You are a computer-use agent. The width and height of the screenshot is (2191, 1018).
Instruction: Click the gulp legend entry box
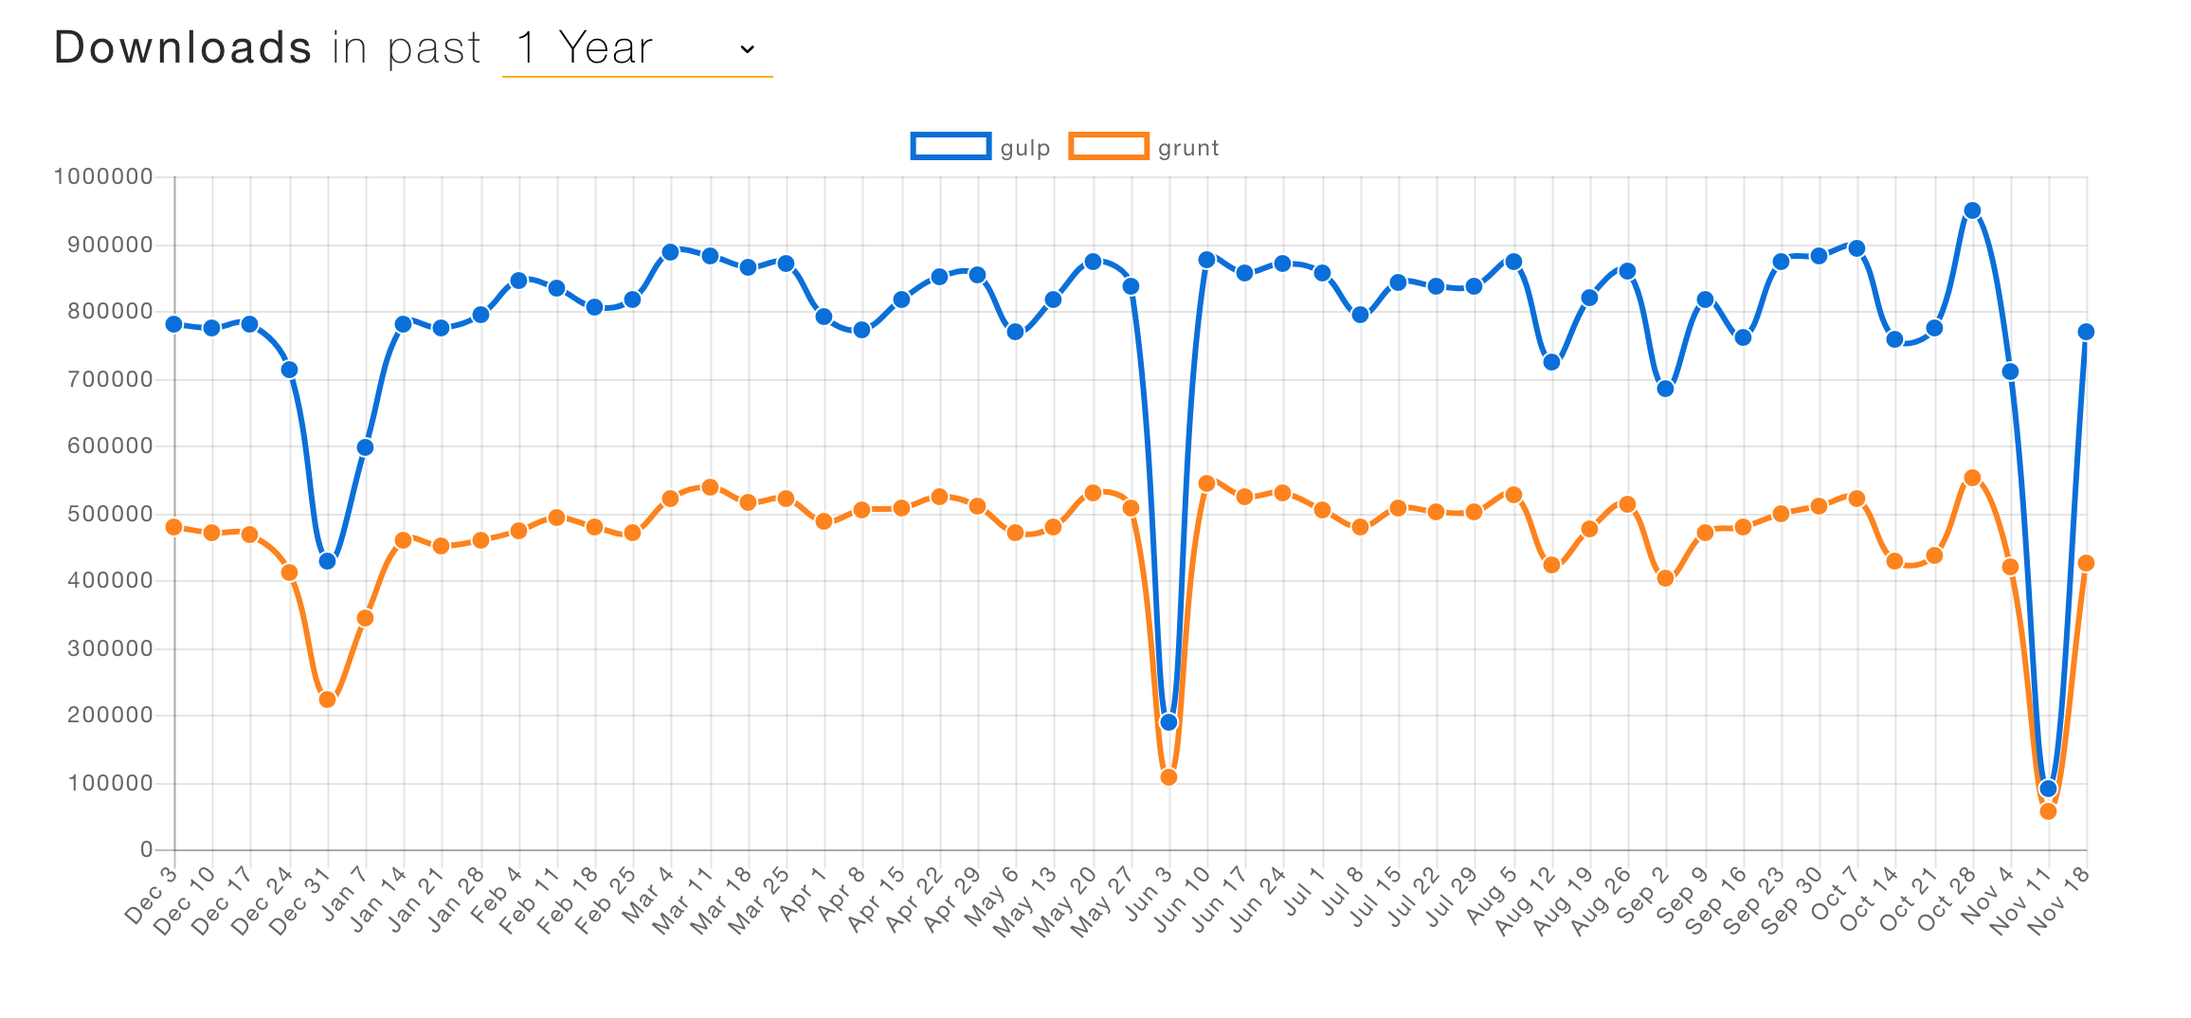click(951, 146)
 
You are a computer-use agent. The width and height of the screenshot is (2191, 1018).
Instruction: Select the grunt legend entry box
click(1108, 146)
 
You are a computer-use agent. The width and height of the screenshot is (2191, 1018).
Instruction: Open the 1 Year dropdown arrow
click(747, 49)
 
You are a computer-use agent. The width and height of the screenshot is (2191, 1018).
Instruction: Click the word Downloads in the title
click(183, 47)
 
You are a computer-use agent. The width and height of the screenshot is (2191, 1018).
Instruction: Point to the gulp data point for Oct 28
click(1972, 210)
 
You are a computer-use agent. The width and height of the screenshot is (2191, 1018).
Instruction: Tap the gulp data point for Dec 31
click(327, 561)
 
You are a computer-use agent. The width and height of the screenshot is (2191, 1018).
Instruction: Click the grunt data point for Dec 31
click(327, 700)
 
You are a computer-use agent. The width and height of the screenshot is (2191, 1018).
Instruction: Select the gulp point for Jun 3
click(1168, 722)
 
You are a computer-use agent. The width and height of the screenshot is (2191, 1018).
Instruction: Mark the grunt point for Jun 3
click(1168, 777)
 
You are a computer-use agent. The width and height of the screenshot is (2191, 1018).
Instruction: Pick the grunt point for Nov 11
click(2048, 811)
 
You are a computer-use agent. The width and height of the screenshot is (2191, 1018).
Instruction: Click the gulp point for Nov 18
click(2086, 332)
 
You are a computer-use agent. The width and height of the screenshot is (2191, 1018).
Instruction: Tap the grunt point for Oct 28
click(1972, 478)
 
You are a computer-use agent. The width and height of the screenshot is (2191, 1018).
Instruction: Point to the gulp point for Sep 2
click(1665, 389)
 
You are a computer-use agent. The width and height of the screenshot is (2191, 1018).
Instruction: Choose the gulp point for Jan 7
click(365, 447)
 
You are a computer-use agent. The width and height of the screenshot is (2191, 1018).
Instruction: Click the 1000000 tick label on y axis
click(103, 176)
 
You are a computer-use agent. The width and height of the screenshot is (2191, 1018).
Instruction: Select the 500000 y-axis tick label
click(110, 514)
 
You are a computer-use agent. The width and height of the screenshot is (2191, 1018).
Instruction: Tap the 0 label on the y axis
click(146, 849)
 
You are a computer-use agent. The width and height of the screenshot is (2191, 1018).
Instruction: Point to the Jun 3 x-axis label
click(1150, 895)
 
